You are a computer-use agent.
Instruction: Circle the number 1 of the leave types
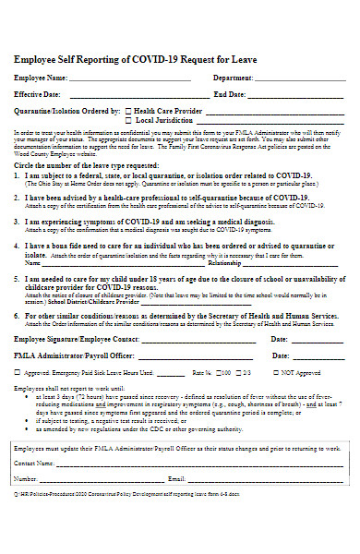[18, 175]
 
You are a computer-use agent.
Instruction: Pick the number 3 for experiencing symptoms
[18, 222]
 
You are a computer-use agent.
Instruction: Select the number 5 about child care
[18, 277]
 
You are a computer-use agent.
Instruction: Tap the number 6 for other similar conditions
[18, 315]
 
